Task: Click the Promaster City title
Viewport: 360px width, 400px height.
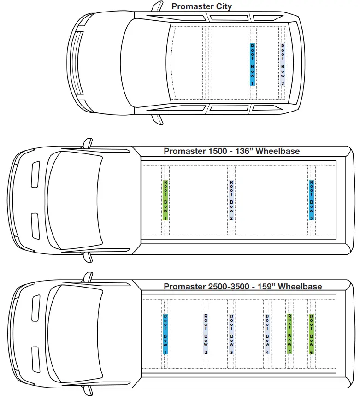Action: (x=201, y=6)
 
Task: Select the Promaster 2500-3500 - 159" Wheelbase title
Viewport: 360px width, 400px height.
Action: (x=242, y=286)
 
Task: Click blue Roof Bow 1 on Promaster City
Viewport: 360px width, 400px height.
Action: (x=252, y=65)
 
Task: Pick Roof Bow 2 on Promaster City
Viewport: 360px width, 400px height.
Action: (x=282, y=65)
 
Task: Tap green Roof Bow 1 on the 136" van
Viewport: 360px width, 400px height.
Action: (x=165, y=200)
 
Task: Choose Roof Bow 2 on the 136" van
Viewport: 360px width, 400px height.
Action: (x=231, y=200)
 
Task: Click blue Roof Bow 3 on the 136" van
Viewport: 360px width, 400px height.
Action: (x=312, y=200)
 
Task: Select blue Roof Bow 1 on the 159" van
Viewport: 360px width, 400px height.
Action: (x=165, y=334)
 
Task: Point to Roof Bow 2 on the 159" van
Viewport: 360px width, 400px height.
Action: (x=206, y=334)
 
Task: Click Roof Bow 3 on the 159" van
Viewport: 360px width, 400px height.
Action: (x=231, y=334)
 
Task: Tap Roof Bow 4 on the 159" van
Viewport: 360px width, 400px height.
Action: (x=267, y=334)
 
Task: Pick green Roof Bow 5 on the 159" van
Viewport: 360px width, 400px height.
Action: (x=289, y=334)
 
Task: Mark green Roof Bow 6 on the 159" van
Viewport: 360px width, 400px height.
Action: (x=312, y=334)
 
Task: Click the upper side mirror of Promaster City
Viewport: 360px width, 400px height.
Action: (x=157, y=6)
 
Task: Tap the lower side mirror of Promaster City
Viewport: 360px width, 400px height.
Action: (x=157, y=118)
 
